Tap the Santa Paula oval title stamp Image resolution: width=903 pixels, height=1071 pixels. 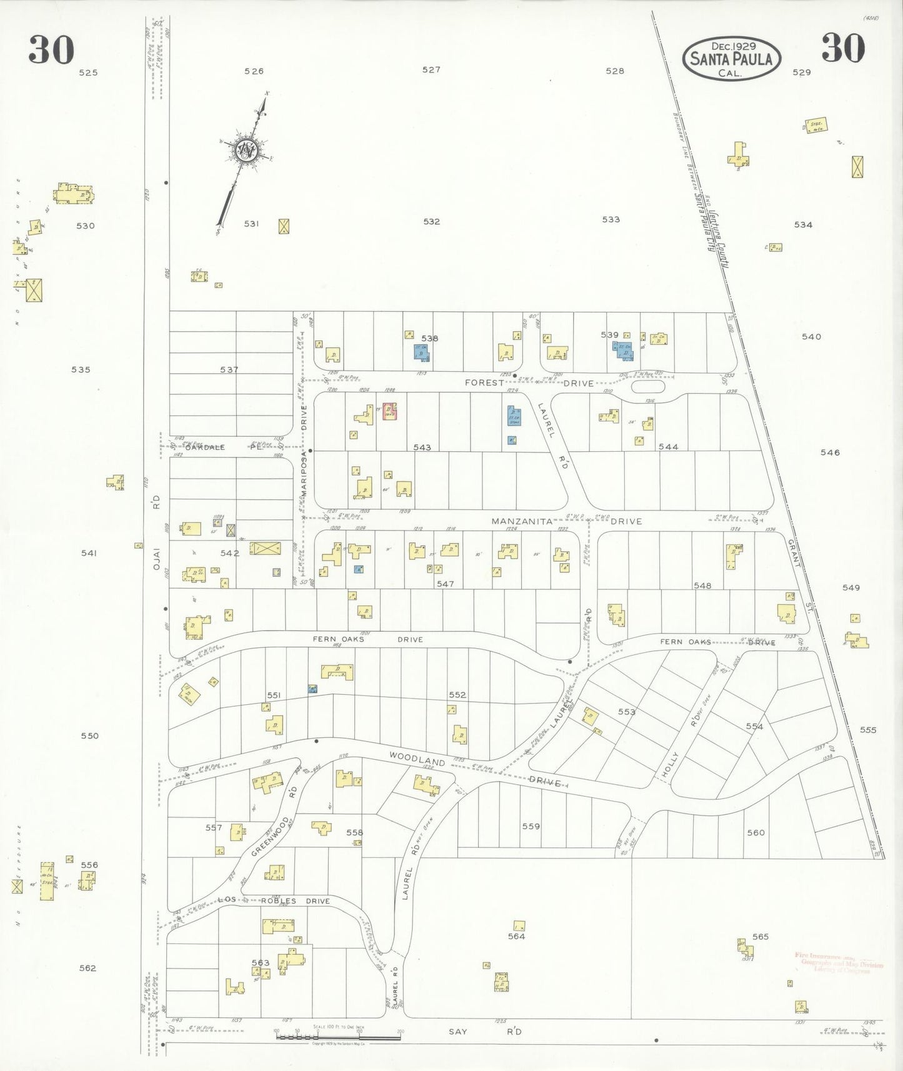coord(731,59)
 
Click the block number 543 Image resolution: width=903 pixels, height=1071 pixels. coord(422,447)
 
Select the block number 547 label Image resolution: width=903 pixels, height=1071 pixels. coord(445,584)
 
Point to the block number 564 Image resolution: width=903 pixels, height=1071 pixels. coord(516,936)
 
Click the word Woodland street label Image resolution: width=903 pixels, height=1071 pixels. coord(417,758)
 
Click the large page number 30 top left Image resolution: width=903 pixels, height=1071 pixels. coord(51,50)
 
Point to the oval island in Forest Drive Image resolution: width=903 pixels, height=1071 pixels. coord(649,386)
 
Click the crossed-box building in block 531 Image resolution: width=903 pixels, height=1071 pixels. coord(284,226)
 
